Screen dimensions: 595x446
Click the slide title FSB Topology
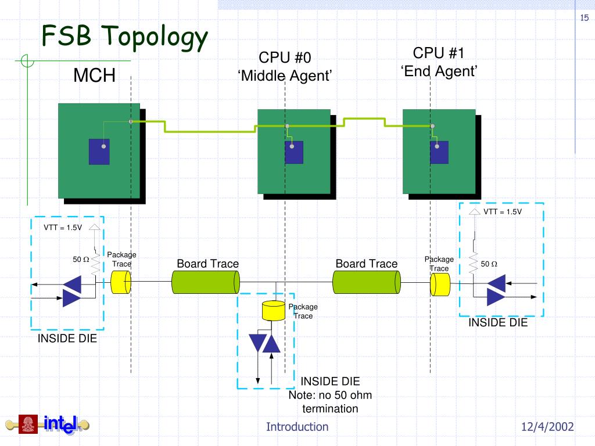124,37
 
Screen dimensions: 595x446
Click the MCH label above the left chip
95,75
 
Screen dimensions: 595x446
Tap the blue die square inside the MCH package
99,152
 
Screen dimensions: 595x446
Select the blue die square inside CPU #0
294,153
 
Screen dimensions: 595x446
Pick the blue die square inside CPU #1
439,153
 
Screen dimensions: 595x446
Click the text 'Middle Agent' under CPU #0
285,75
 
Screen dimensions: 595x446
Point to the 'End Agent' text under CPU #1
439,71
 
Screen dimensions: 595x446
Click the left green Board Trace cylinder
206,282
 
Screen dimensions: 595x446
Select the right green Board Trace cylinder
367,282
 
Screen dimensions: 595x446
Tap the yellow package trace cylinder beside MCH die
121,282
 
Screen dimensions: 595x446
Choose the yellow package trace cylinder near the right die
440,285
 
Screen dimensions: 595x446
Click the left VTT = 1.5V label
63,228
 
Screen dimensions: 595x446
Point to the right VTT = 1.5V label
503,211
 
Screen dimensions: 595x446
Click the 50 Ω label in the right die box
489,264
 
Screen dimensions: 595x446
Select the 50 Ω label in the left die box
81,260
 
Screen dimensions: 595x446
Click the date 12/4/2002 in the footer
547,427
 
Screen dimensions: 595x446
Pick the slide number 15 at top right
585,17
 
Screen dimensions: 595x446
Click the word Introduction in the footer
297,427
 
